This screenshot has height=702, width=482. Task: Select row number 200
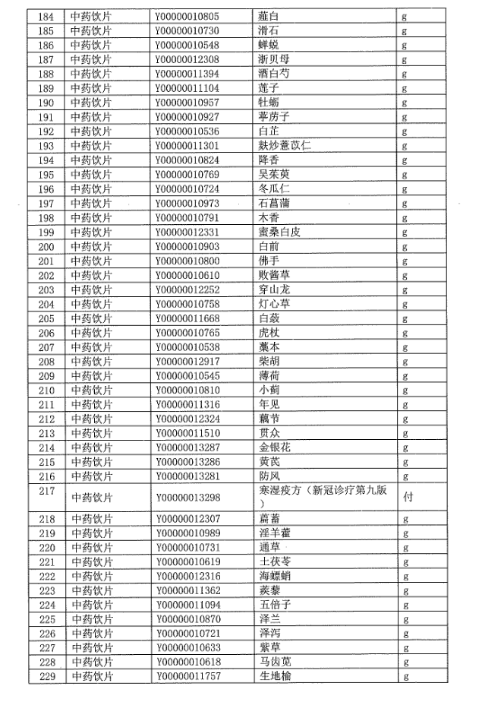[46, 247]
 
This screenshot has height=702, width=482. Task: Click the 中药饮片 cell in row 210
[91, 390]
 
